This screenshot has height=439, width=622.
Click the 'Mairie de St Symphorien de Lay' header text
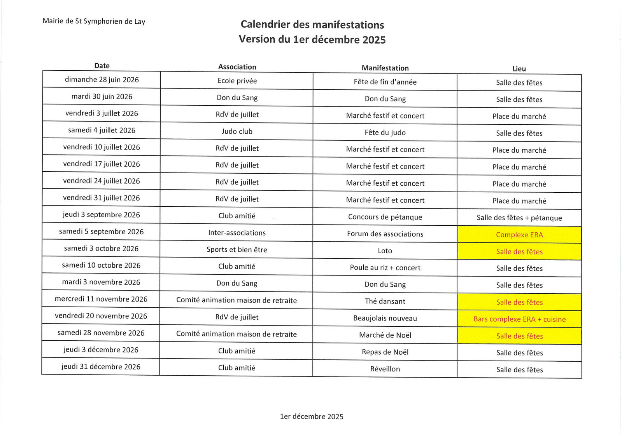94,21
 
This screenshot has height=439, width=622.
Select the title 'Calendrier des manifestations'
312,25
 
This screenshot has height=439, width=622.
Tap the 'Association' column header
237,67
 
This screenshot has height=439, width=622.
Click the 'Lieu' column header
519,69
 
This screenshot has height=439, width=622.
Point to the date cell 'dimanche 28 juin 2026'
102,80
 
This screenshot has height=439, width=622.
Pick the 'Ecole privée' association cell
237,81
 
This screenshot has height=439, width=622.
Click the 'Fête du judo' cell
385,132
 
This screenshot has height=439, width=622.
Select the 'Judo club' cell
237,131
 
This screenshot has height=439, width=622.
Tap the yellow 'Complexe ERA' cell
519,235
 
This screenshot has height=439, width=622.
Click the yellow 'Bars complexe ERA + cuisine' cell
519,319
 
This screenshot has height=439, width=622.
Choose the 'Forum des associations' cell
385,234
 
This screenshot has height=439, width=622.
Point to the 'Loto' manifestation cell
385,251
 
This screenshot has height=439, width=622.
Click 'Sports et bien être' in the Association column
237,249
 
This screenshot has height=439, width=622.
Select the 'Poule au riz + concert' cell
385,268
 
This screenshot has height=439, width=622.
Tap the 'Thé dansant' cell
385,301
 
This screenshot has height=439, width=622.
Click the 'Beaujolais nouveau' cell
385,318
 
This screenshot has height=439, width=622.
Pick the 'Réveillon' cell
385,369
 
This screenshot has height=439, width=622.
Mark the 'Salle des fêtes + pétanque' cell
519,218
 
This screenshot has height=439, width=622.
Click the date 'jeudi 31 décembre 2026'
101,367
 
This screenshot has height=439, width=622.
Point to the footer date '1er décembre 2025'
312,416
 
